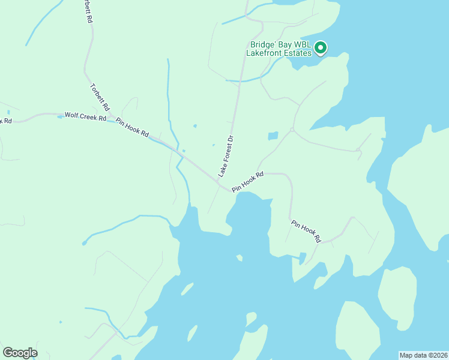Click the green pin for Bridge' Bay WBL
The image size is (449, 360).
coord(321,47)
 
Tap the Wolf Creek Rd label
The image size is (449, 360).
coord(85,116)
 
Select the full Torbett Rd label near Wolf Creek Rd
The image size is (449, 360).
coord(100,97)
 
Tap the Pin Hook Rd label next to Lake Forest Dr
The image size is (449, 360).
coord(248,182)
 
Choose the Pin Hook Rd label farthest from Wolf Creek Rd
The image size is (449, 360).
coord(306,231)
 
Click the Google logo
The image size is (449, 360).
coord(20,352)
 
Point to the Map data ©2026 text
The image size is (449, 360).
coord(423,355)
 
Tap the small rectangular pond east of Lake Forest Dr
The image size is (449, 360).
coord(273,136)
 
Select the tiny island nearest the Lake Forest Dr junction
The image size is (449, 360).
coord(239,258)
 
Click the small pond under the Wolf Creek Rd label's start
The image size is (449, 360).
coord(60,117)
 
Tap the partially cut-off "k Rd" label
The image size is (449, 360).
coord(6,121)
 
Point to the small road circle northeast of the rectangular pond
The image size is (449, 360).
coord(292,129)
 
